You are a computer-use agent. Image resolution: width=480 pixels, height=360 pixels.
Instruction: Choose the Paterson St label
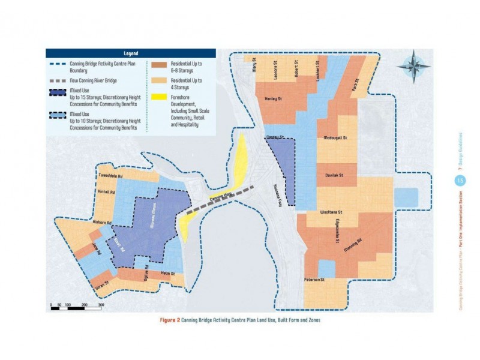(313, 280)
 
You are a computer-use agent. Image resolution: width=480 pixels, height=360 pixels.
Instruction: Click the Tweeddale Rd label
(110, 177)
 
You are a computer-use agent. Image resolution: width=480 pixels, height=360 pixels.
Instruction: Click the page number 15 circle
(461, 179)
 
